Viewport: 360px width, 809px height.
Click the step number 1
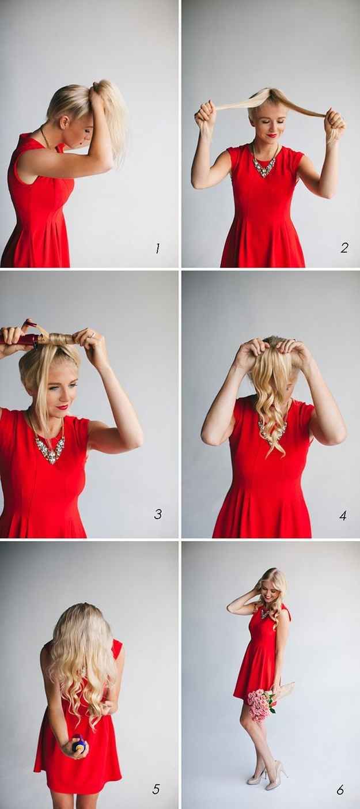coord(157,248)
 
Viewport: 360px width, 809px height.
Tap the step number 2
coord(344,248)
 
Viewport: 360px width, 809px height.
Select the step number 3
coord(158,514)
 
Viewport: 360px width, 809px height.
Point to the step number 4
coord(343,515)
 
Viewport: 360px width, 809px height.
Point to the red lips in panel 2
coord(272,135)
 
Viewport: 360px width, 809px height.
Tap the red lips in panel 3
coord(62,407)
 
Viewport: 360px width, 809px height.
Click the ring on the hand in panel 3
coord(93,335)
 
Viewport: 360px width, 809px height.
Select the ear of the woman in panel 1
coord(65,122)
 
